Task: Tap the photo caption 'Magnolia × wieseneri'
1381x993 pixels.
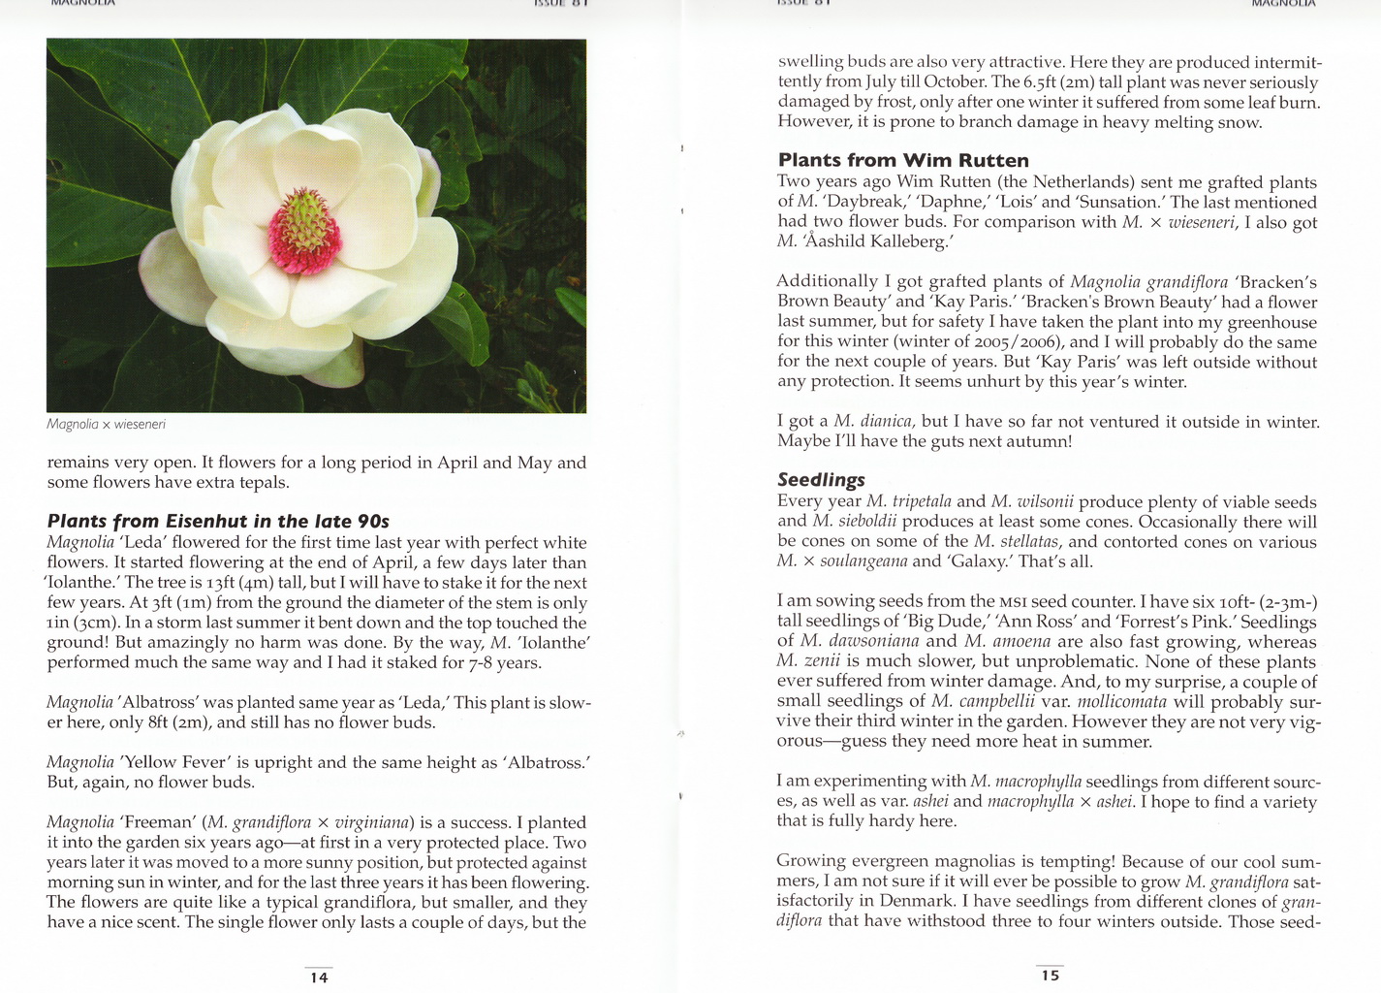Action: point(106,425)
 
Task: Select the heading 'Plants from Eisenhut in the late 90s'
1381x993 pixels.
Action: point(218,522)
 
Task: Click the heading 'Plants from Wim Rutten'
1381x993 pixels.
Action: point(903,161)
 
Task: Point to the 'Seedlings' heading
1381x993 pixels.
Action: point(821,480)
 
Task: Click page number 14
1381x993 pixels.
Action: point(319,977)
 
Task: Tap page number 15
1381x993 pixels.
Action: point(1051,976)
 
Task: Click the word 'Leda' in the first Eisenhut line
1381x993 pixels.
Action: point(142,543)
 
